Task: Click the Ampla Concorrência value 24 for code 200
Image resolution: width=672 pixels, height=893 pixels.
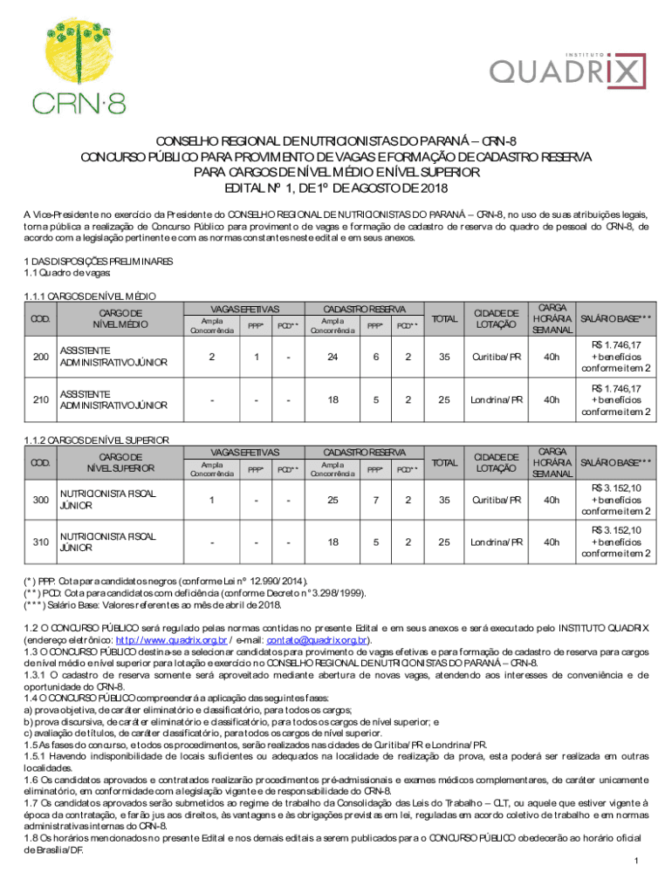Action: [x=332, y=357]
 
